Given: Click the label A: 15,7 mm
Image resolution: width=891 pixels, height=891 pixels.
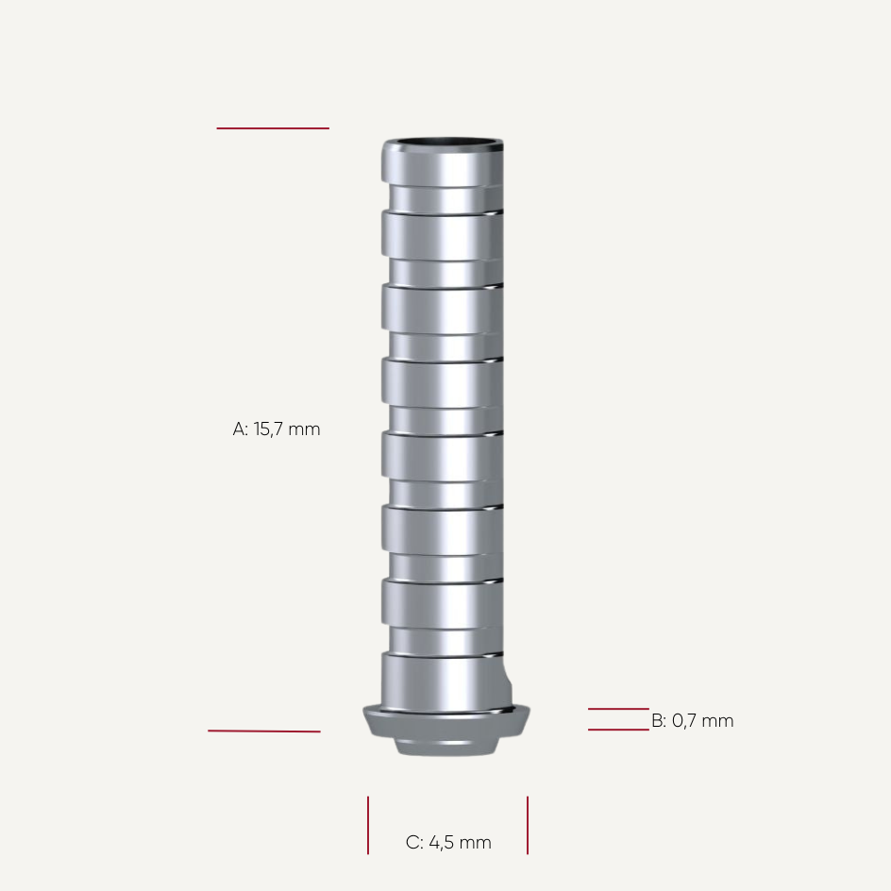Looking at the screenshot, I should [277, 429].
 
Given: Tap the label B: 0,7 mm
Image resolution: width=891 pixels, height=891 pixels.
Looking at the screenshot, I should [692, 721].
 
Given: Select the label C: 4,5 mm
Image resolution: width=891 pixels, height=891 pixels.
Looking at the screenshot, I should [448, 843].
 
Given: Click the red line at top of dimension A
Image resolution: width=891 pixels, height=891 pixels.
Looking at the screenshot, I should [273, 128].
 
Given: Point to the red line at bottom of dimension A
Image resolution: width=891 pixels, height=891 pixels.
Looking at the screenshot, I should [264, 731].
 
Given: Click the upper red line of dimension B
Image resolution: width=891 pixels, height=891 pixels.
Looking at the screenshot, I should [618, 709].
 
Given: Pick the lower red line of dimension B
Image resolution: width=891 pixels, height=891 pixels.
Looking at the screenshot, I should [618, 730].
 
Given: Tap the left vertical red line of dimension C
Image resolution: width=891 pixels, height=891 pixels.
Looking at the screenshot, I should [368, 825].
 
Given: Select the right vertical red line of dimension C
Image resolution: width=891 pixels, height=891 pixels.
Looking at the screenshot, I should [528, 825].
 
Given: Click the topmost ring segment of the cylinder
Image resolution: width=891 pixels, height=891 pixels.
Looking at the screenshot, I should [442, 166].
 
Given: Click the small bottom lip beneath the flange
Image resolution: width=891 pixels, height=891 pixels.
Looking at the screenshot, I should [446, 748].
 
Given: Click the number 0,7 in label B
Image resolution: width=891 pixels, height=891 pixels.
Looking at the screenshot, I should [686, 721].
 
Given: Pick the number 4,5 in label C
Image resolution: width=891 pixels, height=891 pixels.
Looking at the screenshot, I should [442, 843].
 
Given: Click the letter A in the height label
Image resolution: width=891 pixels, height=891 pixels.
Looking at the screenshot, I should [240, 429].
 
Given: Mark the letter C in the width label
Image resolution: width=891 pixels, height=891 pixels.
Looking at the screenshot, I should [413, 843].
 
